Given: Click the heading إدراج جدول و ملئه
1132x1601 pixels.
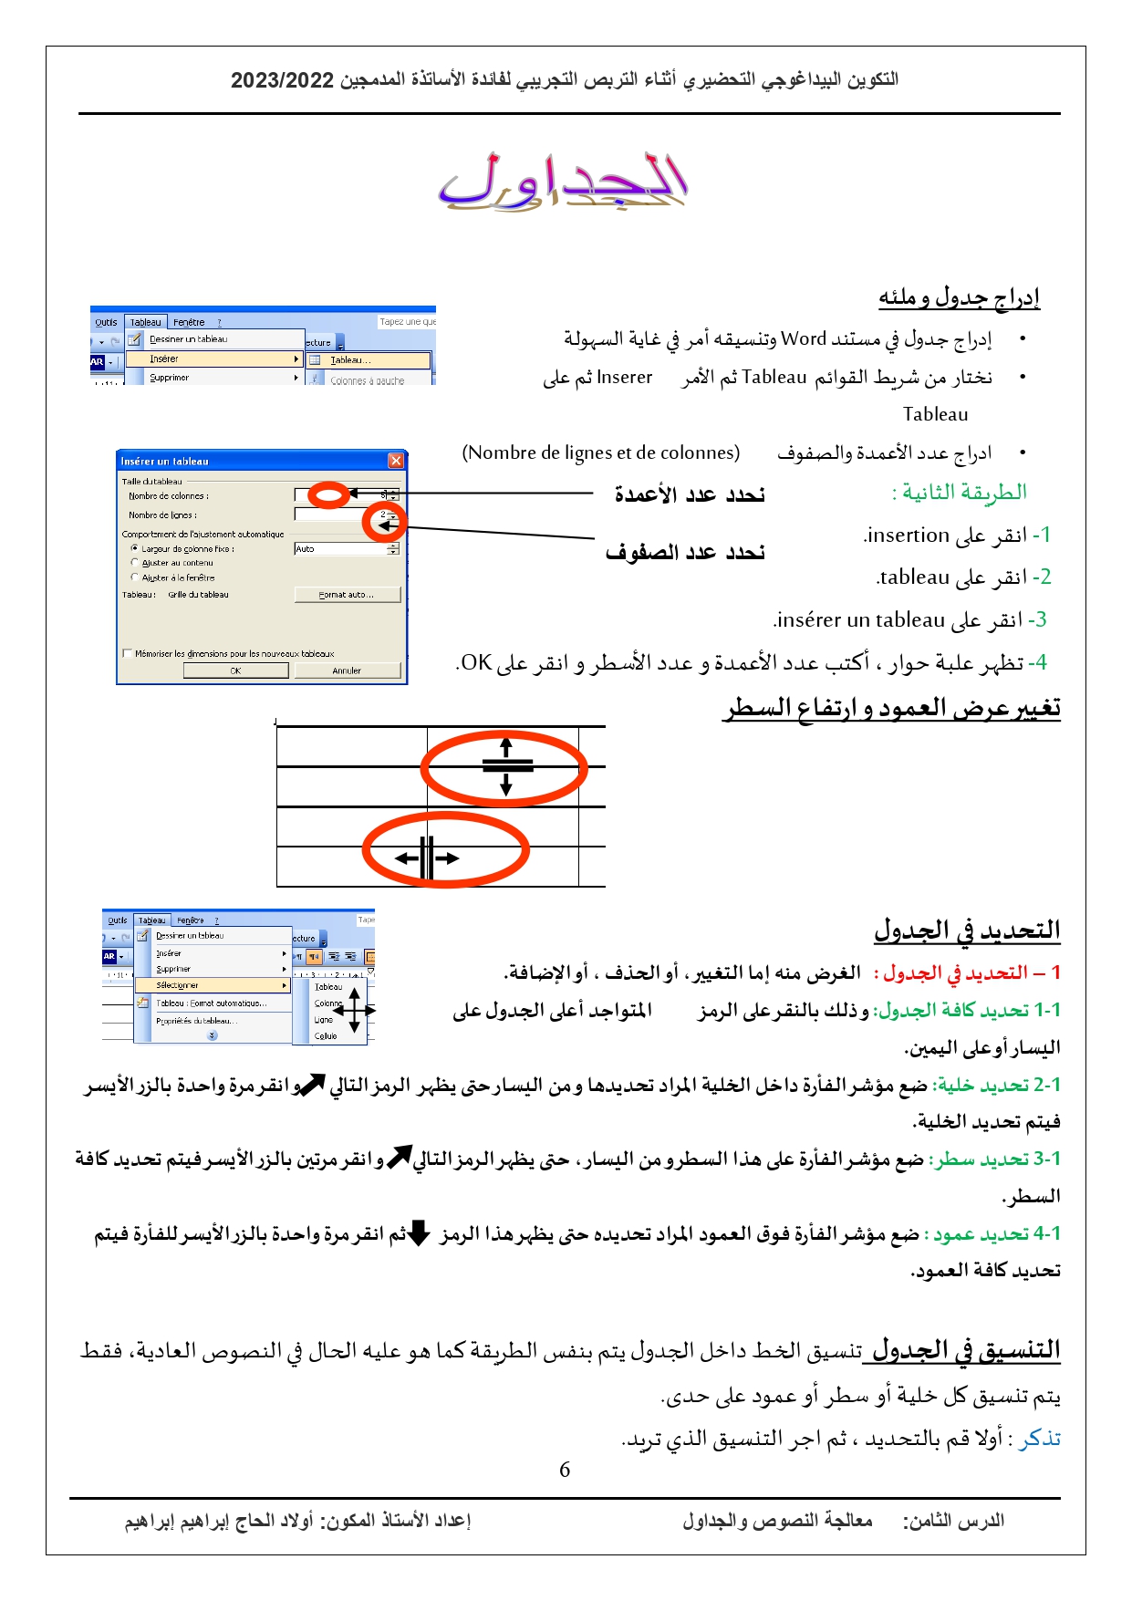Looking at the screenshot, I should [959, 297].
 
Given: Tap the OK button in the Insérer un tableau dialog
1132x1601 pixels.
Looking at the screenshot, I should [235, 671].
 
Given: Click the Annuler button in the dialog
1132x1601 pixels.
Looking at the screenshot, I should [347, 671].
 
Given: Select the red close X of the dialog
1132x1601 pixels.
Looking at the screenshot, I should [396, 461].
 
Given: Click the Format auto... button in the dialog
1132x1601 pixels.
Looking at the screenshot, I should [347, 595].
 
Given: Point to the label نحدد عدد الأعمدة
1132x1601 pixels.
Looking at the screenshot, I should [690, 494].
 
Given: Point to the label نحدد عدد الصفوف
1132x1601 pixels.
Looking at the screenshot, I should [685, 552].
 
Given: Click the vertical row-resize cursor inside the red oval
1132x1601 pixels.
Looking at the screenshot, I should [506, 766].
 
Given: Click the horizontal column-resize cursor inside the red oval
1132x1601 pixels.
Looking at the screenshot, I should [427, 858].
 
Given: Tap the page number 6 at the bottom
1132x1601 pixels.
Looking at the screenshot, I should [565, 1470].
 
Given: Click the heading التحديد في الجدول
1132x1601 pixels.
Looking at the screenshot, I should [967, 930].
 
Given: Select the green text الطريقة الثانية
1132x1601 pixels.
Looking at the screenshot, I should [960, 493].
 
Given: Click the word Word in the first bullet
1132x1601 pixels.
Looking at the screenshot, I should [804, 339].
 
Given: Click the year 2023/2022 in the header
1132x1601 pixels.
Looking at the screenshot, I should [283, 80].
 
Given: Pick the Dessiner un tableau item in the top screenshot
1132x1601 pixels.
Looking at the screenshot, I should [188, 339].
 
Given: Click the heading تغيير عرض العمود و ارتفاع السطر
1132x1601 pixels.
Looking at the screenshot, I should [892, 708].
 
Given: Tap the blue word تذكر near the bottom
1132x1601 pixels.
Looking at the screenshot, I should [1041, 1439].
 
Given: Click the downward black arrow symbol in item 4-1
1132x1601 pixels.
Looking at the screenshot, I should [419, 1233].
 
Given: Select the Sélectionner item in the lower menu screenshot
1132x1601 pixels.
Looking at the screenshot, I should [177, 985].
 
